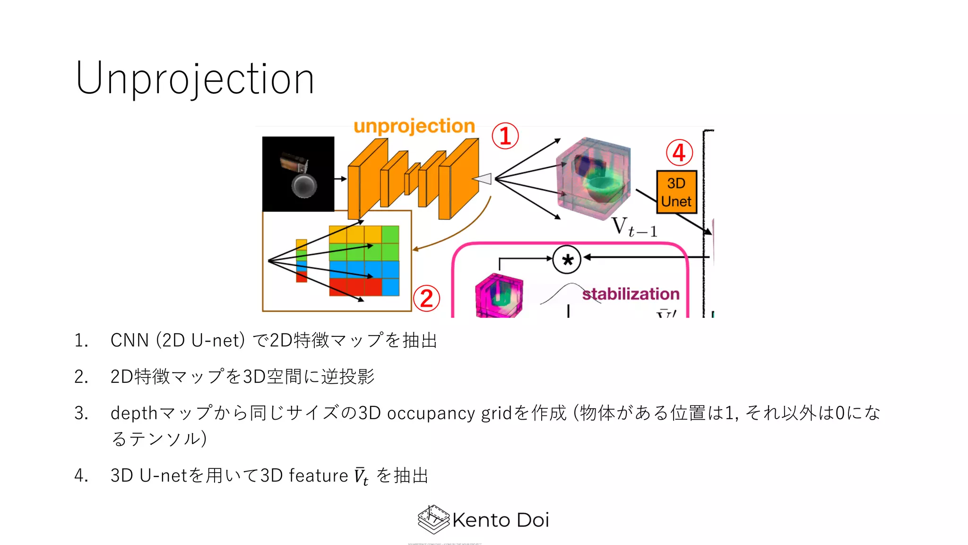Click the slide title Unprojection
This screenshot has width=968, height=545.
pos(195,79)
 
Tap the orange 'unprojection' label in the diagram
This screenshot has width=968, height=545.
pos(414,126)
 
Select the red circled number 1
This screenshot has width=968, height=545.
pos(505,136)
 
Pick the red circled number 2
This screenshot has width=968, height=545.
pos(426,299)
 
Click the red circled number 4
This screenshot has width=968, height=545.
pos(679,152)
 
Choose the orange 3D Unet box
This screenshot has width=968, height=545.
pos(676,192)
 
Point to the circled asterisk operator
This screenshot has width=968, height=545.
pos(567,260)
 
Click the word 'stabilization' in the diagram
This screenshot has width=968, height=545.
pos(631,294)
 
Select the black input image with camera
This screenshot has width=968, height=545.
pos(298,174)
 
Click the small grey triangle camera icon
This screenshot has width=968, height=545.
pos(483,179)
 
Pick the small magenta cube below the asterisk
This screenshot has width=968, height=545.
pos(499,296)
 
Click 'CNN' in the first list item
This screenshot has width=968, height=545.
pos(130,340)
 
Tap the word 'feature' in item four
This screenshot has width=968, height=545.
pos(318,475)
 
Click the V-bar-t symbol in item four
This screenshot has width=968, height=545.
pos(361,475)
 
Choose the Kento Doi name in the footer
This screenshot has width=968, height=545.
pos(501,520)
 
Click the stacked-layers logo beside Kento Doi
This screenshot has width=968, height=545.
pos(433,519)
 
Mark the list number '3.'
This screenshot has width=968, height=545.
pos(81,413)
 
